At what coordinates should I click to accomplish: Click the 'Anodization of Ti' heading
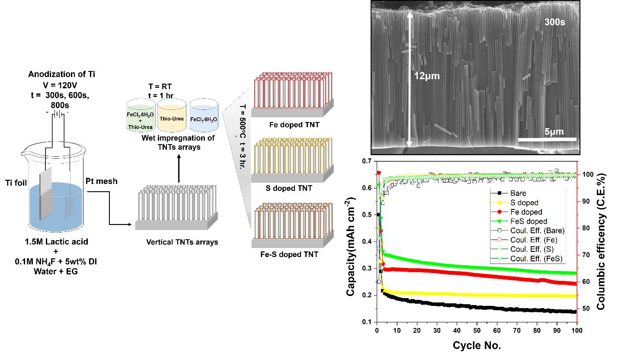[x=68, y=74]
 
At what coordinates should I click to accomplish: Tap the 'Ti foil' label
[x=16, y=183]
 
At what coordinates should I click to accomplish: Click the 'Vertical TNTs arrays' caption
[x=182, y=242]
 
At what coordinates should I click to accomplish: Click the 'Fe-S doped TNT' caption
[x=292, y=254]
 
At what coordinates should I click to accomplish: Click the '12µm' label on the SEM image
[x=426, y=76]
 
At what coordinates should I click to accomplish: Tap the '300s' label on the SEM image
[x=554, y=22]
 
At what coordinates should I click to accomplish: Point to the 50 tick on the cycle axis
[x=477, y=331]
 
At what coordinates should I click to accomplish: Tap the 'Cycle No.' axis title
[x=477, y=345]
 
